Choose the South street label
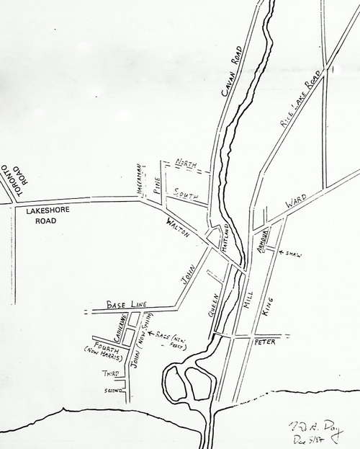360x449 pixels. coord(184,193)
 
